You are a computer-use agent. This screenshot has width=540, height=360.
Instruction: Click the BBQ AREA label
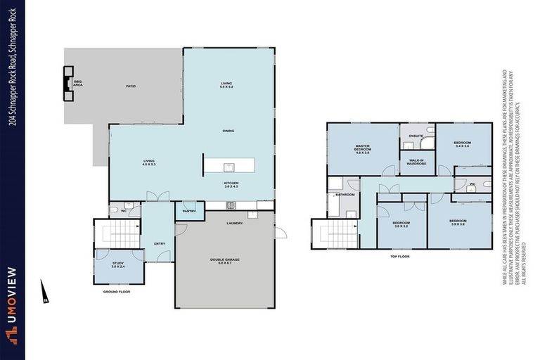[79, 83]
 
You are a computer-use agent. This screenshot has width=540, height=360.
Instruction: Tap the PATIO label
[131, 86]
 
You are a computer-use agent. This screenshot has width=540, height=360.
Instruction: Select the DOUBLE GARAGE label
[225, 262]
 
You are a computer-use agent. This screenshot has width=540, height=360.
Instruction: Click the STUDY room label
[117, 264]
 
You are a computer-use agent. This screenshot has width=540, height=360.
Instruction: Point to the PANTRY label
[188, 211]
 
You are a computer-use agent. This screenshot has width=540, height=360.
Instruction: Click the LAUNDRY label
[235, 224]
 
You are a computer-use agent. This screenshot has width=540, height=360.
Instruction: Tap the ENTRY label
[160, 244]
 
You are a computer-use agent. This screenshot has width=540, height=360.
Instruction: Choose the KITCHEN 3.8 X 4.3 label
[231, 184]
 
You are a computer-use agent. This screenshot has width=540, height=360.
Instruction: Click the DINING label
[228, 131]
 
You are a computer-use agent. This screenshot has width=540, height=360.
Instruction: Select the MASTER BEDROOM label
[362, 150]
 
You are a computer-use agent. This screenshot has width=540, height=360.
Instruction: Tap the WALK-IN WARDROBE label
[415, 162]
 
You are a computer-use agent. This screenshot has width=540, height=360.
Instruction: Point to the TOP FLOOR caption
[399, 257]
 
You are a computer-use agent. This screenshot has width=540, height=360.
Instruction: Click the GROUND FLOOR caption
[117, 291]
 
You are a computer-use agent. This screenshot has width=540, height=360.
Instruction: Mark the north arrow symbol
[44, 290]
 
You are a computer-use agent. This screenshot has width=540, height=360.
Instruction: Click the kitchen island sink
[229, 167]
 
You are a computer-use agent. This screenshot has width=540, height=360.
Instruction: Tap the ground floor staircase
[117, 229]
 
